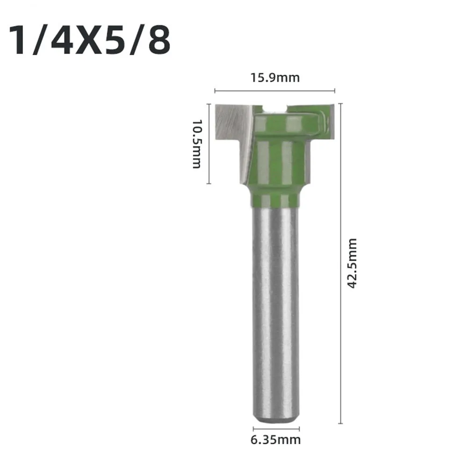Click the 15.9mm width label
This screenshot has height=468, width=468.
(x=275, y=77)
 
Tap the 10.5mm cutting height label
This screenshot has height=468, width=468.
(x=196, y=144)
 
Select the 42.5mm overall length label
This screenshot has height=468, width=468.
(x=353, y=263)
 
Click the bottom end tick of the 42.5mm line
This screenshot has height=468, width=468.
(x=341, y=424)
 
